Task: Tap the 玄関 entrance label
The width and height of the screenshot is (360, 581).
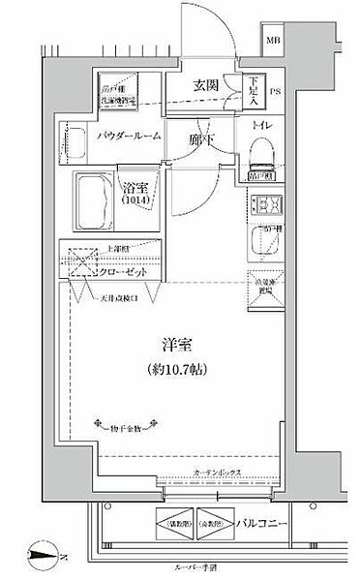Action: coord(206,85)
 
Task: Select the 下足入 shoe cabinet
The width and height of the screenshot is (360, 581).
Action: coord(252,89)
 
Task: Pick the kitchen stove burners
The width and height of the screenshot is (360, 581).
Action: coord(261,205)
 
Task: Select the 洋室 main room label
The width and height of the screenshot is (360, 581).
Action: coord(174,346)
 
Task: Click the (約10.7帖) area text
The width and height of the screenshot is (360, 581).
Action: coord(174,368)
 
